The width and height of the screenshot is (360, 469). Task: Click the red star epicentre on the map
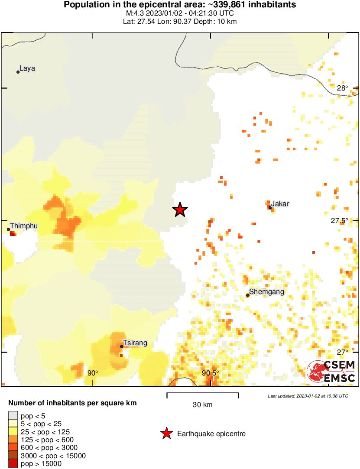(180, 210)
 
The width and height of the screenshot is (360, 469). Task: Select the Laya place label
(27, 68)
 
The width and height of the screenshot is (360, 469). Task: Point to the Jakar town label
(280, 204)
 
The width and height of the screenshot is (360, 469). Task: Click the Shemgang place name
(267, 292)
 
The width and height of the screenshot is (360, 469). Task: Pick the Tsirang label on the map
(135, 343)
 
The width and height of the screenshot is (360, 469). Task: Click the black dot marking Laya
(18, 72)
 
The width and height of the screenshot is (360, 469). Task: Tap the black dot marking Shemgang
(248, 295)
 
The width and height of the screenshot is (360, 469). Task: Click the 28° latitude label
(343, 88)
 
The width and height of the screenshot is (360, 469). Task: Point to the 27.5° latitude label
(340, 220)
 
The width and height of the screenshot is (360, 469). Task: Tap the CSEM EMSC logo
(331, 372)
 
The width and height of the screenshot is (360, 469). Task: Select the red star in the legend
(166, 433)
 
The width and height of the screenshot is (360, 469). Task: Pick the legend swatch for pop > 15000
(13, 464)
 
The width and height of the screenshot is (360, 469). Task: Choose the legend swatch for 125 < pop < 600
(13, 440)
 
